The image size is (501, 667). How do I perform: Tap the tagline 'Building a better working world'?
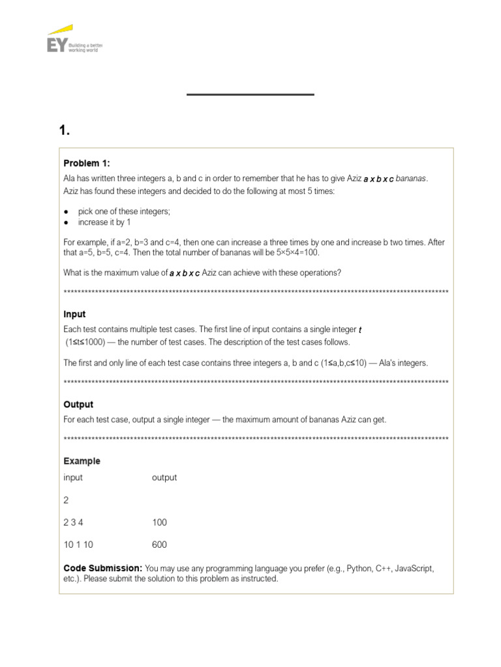point(90,48)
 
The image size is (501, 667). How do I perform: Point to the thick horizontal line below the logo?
point(250,94)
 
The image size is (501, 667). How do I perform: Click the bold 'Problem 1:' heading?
point(87,163)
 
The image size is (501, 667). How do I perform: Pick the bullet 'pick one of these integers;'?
point(124,212)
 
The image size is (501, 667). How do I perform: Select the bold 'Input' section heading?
point(74,314)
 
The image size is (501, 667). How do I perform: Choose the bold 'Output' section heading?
point(78,404)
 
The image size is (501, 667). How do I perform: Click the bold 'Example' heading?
point(82,461)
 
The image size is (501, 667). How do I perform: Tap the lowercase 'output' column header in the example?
point(164,477)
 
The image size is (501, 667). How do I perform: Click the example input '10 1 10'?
point(78,545)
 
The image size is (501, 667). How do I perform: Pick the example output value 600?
point(159,545)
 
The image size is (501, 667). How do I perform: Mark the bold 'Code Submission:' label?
point(102,568)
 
